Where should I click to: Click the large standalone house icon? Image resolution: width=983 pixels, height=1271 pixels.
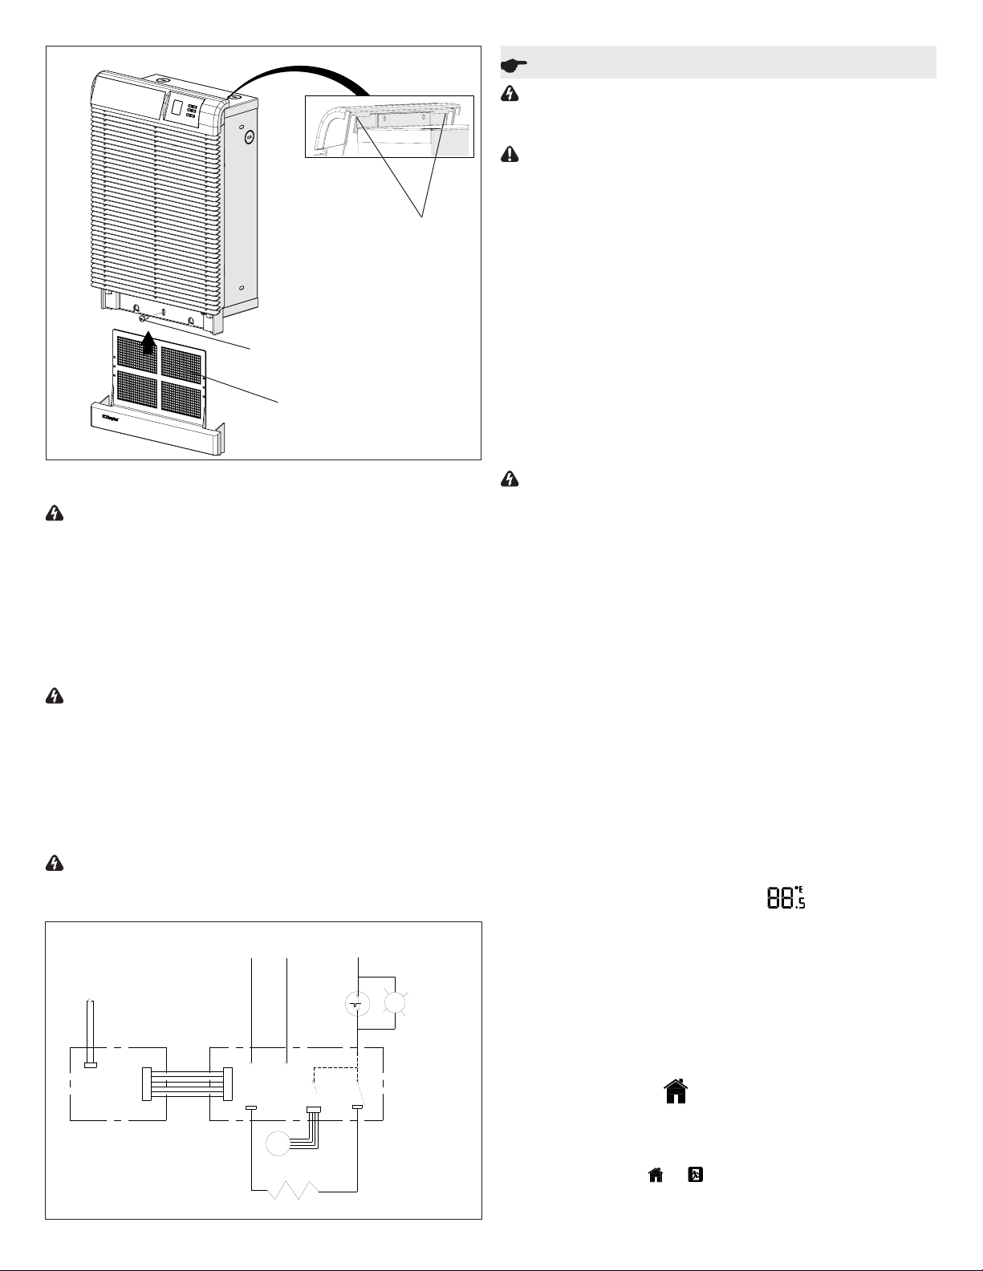(676, 1091)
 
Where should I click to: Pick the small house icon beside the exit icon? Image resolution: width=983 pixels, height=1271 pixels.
(656, 1175)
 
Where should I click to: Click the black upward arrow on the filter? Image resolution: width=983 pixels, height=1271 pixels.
(147, 344)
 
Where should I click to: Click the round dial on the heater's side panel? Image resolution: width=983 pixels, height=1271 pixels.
(249, 138)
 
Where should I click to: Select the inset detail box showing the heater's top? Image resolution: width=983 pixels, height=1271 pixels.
(388, 125)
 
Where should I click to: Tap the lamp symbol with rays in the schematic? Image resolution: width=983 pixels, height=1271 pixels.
(395, 1003)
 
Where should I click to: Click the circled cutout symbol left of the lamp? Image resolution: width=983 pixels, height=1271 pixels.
(356, 1003)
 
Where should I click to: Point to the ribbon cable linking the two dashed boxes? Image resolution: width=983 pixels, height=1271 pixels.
(186, 1084)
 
